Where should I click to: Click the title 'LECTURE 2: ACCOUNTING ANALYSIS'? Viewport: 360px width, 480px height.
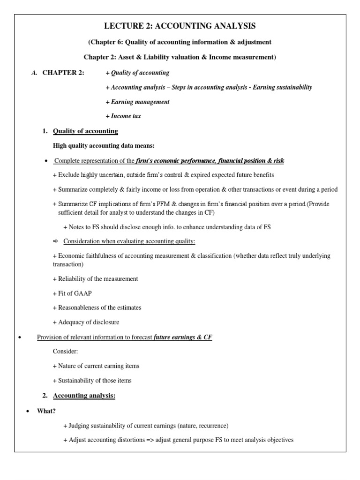(x=180, y=26)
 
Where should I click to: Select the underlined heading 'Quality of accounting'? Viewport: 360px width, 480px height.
(x=85, y=131)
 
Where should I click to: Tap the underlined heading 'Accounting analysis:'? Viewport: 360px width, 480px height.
(x=84, y=396)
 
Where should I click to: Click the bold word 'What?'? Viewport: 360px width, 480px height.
(x=46, y=411)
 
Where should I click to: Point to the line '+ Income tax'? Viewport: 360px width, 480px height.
(x=123, y=116)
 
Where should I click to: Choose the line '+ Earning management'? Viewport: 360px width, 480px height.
(x=138, y=102)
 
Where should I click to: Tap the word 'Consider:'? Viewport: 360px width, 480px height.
(x=66, y=351)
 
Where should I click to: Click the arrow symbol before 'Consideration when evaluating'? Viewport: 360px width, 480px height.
(x=55, y=241)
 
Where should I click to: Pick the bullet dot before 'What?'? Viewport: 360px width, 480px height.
(x=27, y=411)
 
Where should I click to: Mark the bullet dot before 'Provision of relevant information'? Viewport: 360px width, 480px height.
(x=18, y=337)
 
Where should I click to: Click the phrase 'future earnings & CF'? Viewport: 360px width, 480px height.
(x=183, y=337)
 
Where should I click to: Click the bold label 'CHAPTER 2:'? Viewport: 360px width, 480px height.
(x=63, y=73)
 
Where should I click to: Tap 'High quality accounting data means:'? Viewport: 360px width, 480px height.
(x=100, y=146)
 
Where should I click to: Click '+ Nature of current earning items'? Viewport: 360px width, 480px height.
(x=96, y=366)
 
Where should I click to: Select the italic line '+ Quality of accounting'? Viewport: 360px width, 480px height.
(x=138, y=73)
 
